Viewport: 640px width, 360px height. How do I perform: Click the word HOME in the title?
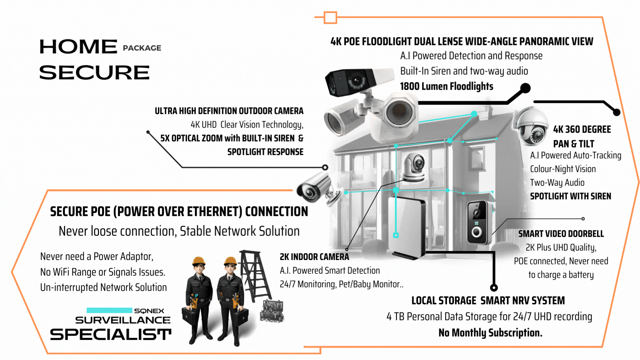pos(78,47)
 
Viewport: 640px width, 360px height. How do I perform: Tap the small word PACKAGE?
pos(142,48)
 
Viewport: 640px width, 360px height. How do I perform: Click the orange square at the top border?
pos(330,18)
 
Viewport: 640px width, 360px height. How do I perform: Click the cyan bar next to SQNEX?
pos(109,310)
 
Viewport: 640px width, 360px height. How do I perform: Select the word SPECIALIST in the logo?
pos(111,334)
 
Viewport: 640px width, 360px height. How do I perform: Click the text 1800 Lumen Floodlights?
pos(446,86)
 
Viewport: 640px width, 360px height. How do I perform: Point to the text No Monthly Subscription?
pos(490,333)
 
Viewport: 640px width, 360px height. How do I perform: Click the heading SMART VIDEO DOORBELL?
pos(561,234)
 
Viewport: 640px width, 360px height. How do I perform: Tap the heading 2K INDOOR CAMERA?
pos(314,257)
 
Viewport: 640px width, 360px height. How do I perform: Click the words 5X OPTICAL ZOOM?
pos(191,138)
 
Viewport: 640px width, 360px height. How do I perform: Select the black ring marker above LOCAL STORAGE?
pos(494,287)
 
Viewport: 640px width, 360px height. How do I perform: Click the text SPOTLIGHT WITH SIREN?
pos(570,196)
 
